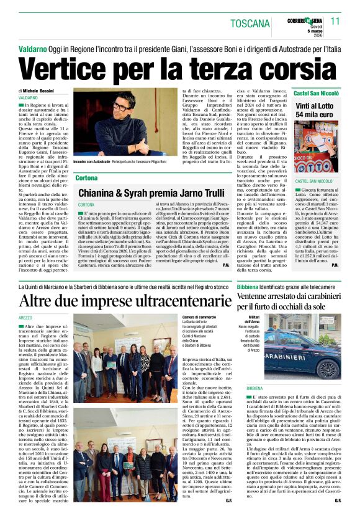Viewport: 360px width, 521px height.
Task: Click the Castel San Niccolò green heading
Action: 316,93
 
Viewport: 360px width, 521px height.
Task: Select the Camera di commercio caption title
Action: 200,317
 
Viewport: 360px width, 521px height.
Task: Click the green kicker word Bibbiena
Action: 248,288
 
